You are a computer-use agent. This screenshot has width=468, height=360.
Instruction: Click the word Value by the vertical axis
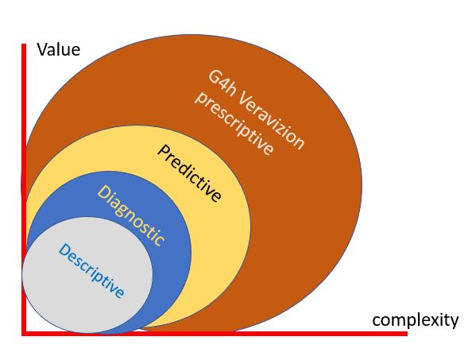(x=59, y=49)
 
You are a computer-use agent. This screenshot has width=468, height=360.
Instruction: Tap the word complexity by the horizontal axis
(x=416, y=320)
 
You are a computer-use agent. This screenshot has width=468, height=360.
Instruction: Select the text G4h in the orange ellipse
(x=222, y=83)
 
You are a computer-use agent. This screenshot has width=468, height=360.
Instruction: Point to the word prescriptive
(x=234, y=123)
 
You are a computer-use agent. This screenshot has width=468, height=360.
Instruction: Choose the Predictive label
(x=190, y=173)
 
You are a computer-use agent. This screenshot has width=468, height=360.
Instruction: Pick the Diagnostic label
(x=131, y=215)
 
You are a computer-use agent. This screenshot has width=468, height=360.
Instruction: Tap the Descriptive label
(x=91, y=270)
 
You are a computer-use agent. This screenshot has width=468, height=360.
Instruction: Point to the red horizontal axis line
(x=215, y=334)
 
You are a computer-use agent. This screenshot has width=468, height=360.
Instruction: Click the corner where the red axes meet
(x=24, y=334)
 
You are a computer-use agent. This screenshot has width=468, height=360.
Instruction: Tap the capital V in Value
(x=42, y=49)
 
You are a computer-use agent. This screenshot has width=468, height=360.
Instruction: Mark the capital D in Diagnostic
(x=104, y=192)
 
